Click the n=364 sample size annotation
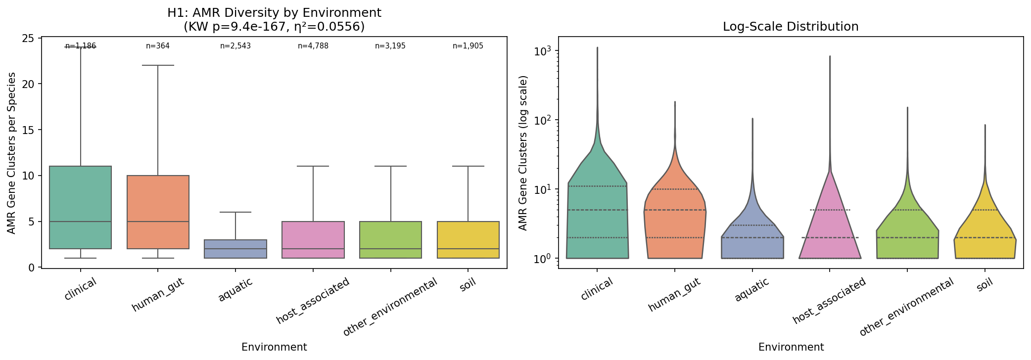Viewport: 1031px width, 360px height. coord(158,46)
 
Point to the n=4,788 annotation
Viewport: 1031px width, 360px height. coord(313,46)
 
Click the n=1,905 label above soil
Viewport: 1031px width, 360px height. coord(468,46)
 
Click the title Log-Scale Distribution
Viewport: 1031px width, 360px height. coord(791,27)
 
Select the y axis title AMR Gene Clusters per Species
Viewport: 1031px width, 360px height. coord(12,153)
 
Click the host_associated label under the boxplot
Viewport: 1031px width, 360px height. coord(314,300)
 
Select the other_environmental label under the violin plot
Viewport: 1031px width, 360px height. coord(907,307)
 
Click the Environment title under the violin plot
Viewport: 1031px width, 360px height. coord(791,347)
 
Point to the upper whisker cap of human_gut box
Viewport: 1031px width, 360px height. coord(158,65)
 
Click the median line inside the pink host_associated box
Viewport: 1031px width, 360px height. coord(313,249)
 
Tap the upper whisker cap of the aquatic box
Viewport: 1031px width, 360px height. coord(235,212)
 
